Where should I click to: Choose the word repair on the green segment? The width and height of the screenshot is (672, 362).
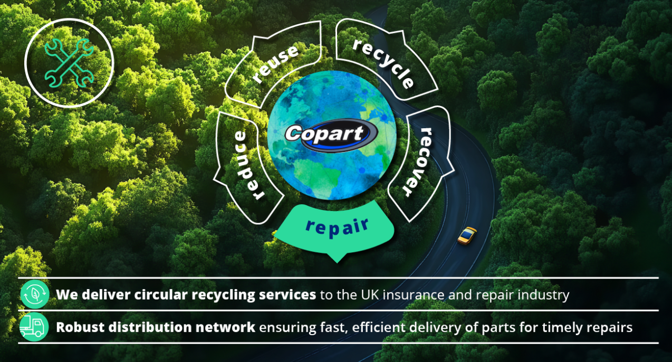[337, 227]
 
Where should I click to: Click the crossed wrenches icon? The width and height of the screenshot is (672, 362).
[69, 63]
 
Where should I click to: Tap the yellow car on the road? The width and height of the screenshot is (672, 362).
[467, 236]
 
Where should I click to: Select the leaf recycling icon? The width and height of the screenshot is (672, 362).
[35, 294]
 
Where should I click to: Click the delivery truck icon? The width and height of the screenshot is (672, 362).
[34, 327]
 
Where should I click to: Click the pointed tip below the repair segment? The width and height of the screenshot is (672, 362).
[337, 262]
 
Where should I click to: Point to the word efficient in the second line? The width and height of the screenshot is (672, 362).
[379, 327]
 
